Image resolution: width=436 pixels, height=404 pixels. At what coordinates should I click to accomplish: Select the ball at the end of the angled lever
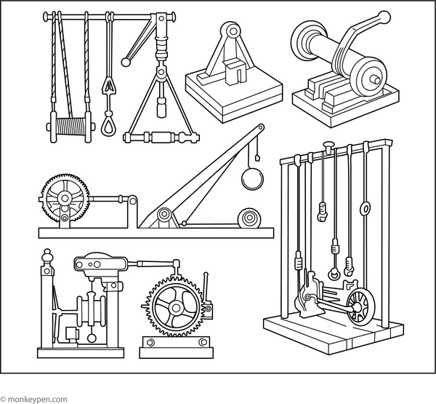coord(126,63)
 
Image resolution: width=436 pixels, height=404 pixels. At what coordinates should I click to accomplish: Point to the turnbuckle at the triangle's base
coord(160,137)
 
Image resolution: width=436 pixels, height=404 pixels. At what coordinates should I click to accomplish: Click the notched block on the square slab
coord(234,73)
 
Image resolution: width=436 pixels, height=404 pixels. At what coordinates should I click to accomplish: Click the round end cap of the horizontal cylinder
coord(372,79)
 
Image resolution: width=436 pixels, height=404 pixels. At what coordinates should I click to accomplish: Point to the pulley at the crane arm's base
coord(165,215)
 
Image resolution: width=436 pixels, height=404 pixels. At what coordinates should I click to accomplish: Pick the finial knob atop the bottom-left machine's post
coord(48,256)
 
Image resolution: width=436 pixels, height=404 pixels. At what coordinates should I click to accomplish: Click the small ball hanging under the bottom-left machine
coord(92,337)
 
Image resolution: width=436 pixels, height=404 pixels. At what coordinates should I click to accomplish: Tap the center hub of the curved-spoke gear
coord(174,306)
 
